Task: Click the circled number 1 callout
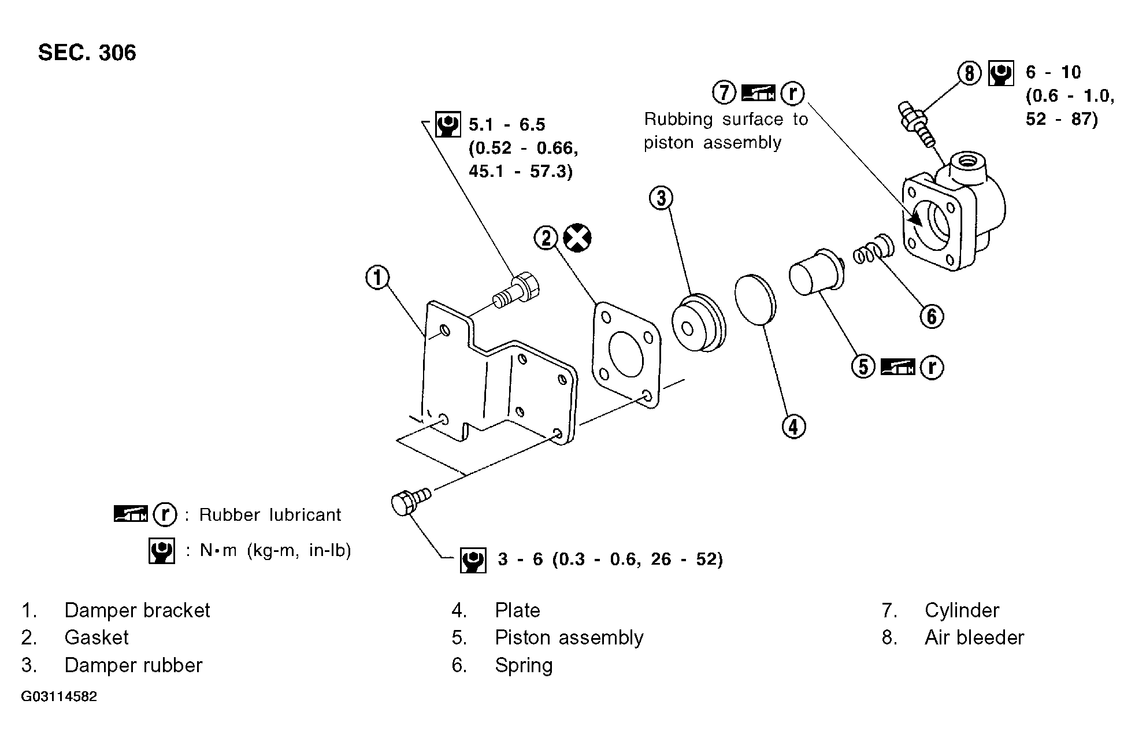[377, 278]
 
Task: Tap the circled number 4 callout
[793, 427]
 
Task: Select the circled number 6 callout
[931, 316]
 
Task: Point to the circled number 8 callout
[969, 73]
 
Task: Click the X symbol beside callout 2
[577, 238]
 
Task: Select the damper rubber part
[698, 324]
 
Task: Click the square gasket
[626, 355]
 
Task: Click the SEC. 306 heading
[87, 53]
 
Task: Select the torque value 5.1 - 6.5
[507, 124]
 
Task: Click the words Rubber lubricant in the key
[270, 514]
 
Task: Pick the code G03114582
[59, 696]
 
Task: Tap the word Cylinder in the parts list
[962, 610]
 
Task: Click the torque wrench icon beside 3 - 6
[473, 559]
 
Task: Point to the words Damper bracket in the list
[137, 610]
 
